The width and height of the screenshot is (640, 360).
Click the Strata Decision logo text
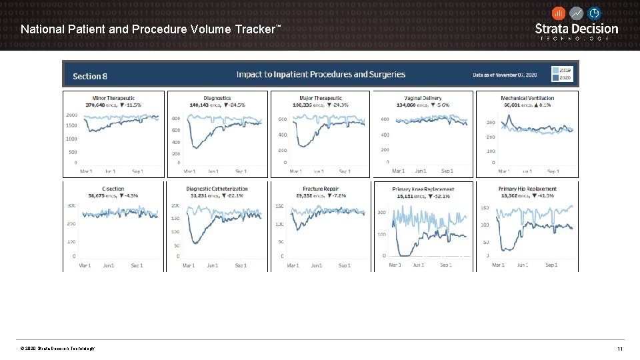pos(577,29)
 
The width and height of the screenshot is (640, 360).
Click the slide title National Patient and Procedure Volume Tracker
pos(151,29)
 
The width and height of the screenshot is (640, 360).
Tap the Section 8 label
pos(90,76)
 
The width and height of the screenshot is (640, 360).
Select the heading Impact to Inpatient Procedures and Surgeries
pos(321,75)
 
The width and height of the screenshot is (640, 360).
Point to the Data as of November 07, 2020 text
pos(505,75)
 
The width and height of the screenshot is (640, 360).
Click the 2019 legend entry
pos(565,70)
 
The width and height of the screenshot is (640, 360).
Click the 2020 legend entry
pos(565,78)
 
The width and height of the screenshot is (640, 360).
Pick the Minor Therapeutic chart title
pos(113,98)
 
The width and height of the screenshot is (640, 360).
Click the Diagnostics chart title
pos(217,98)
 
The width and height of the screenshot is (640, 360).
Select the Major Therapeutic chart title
pos(321,98)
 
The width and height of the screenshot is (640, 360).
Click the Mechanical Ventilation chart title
pos(527,98)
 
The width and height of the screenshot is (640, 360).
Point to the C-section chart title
pos(113,189)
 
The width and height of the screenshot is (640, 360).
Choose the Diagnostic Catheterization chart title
pos(217,189)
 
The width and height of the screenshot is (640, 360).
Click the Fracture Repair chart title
pos(321,189)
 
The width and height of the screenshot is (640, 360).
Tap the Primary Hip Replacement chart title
pos(527,189)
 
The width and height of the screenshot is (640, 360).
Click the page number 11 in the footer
pos(619,349)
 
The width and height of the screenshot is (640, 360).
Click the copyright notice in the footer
pos(57,349)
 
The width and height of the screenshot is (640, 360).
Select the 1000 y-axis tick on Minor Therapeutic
pos(71,139)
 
